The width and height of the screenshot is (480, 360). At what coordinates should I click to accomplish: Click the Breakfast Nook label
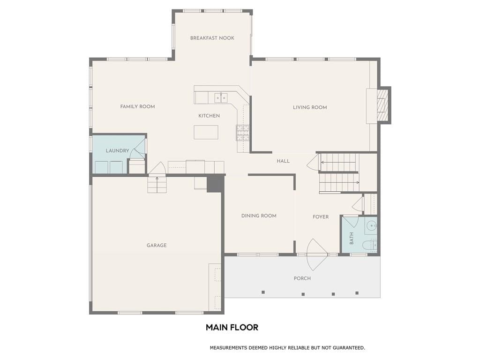click(x=212, y=38)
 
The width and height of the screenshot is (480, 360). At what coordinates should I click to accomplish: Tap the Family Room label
click(x=137, y=106)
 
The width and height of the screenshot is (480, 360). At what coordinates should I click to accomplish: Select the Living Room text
click(x=310, y=107)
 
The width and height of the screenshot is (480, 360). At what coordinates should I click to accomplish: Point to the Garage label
click(x=157, y=245)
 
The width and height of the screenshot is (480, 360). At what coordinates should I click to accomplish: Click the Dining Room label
click(x=259, y=216)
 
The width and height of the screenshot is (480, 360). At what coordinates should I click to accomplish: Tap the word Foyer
click(x=321, y=217)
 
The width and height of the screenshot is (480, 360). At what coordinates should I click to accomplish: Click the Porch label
click(x=302, y=278)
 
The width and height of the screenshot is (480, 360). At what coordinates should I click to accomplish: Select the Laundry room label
click(x=117, y=150)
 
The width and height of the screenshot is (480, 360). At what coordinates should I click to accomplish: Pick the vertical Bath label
click(x=352, y=238)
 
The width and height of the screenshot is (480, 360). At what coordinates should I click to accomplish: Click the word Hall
click(x=283, y=161)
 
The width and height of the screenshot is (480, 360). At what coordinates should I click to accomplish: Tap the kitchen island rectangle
click(x=206, y=132)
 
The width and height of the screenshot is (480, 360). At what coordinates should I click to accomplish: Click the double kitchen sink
click(x=221, y=97)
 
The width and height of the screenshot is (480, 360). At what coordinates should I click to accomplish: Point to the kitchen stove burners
click(x=242, y=133)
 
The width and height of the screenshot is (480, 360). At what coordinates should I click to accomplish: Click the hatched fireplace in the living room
click(x=382, y=105)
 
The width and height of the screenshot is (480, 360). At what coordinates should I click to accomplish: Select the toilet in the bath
click(x=369, y=245)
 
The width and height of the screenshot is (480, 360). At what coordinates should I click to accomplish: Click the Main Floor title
click(x=232, y=327)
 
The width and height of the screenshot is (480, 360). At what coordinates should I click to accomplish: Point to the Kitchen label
click(x=209, y=116)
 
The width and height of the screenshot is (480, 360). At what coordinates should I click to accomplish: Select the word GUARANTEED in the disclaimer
click(x=349, y=348)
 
